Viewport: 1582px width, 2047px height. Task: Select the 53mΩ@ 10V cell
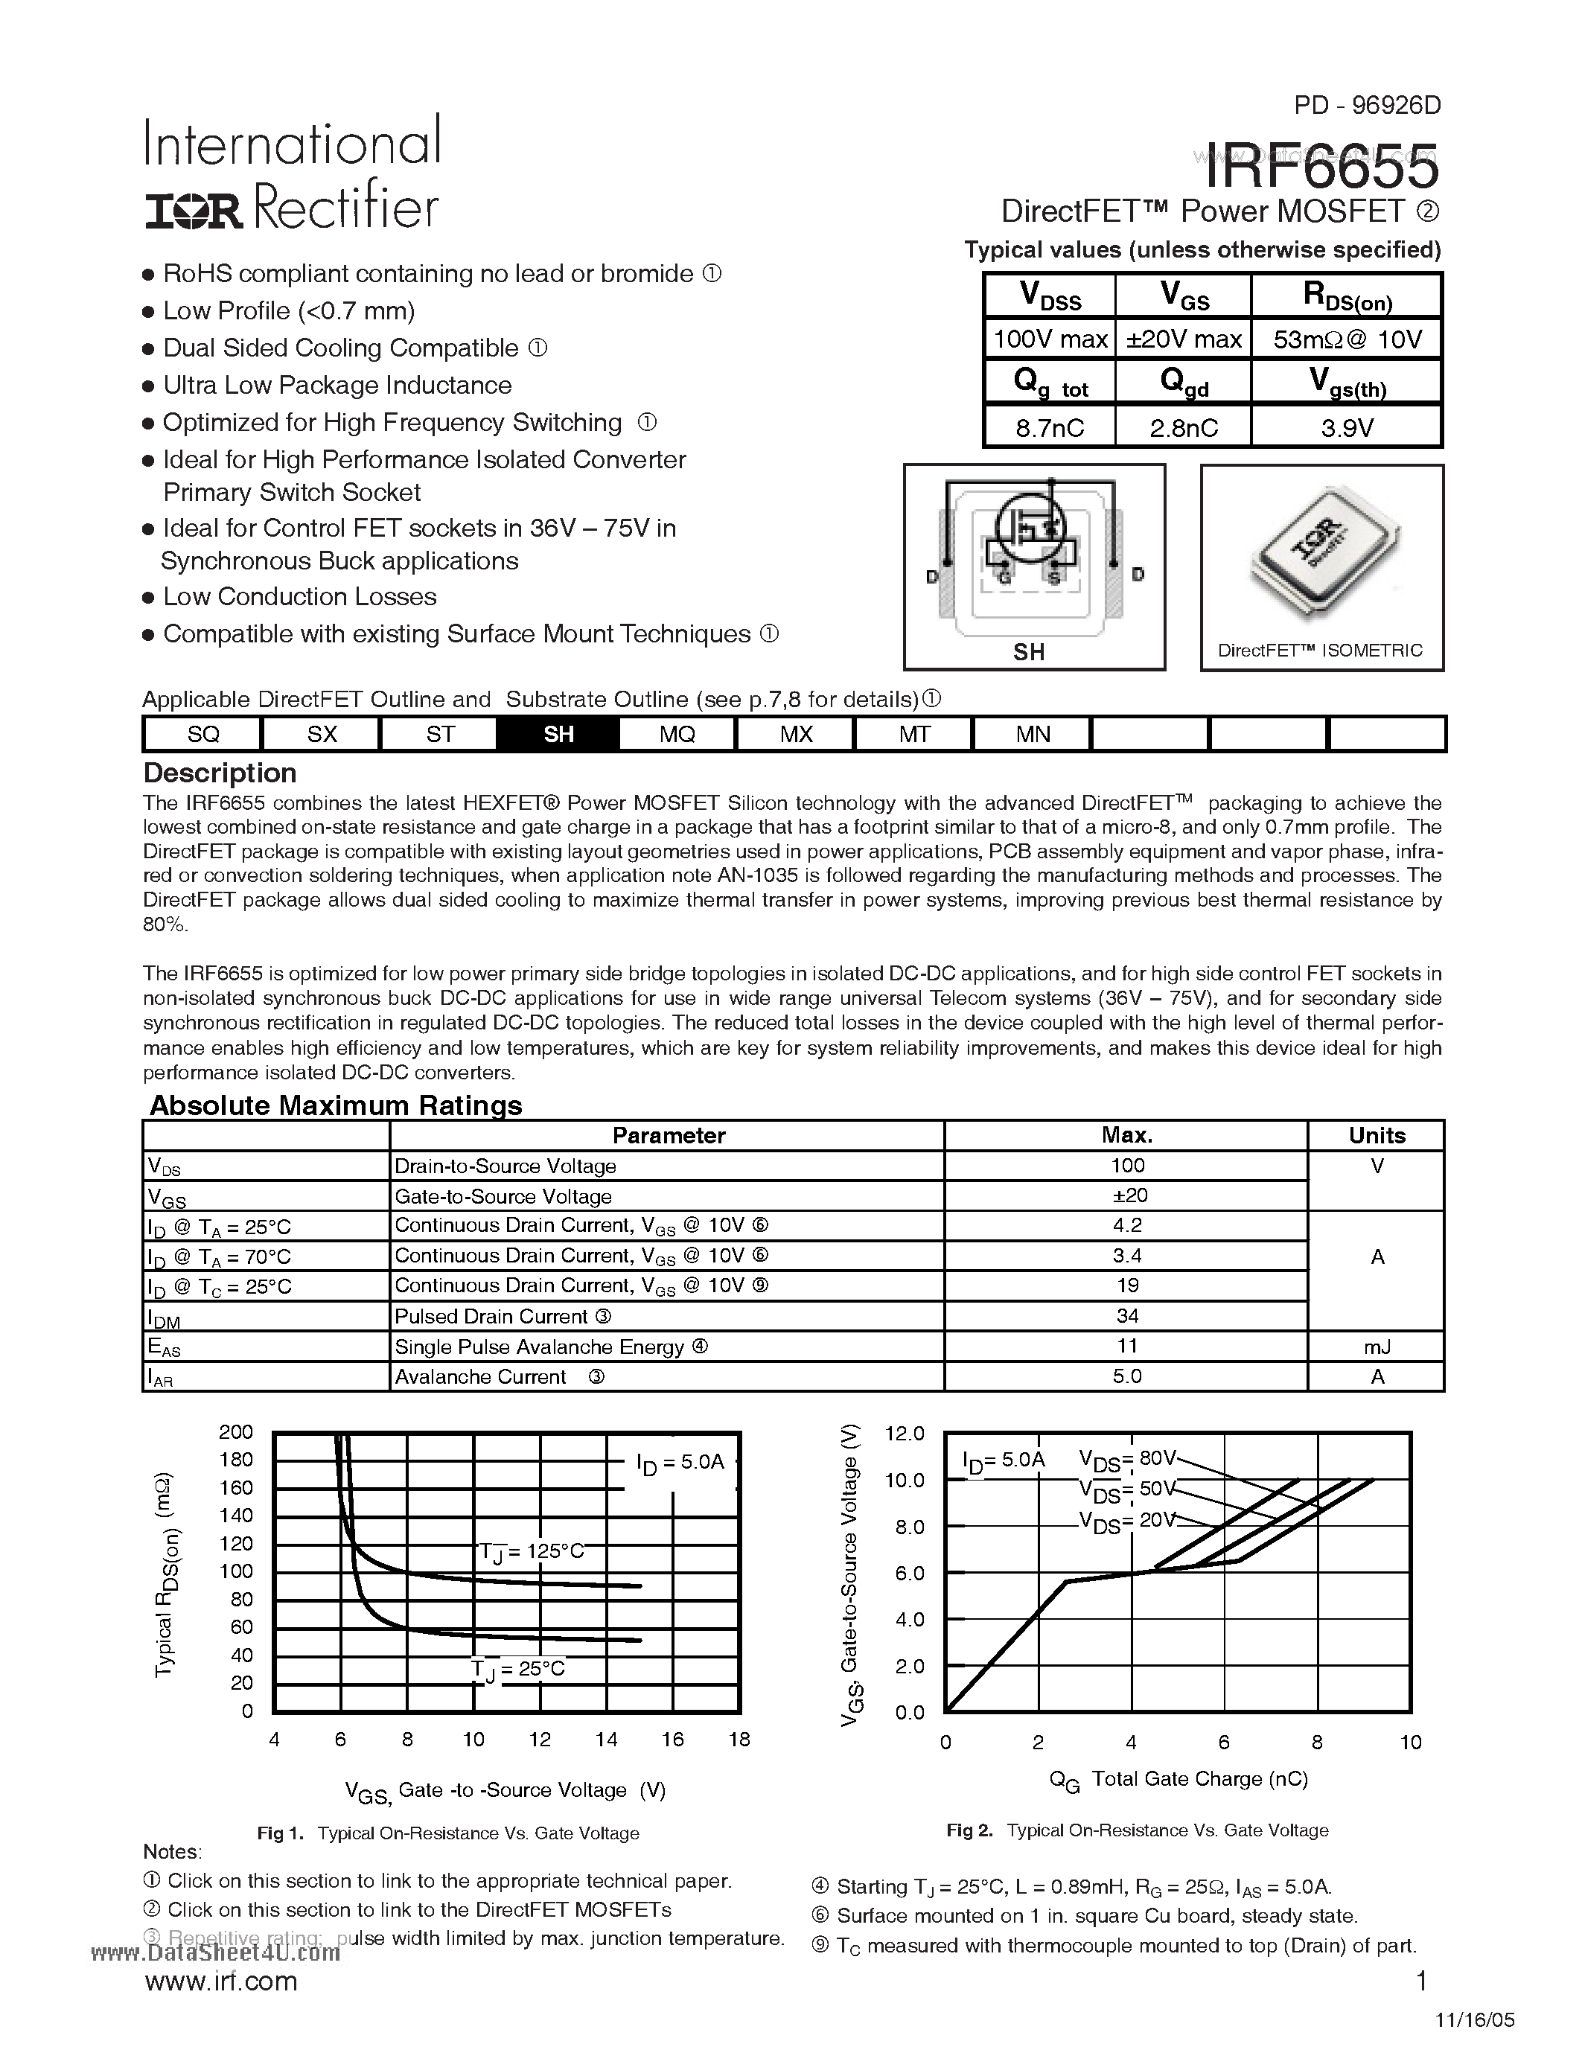click(1347, 339)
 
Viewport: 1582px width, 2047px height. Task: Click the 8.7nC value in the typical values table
click(1049, 428)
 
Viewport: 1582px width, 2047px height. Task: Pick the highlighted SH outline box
click(558, 734)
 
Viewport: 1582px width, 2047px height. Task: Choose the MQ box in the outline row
click(677, 734)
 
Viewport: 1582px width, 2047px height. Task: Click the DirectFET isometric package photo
click(1321, 553)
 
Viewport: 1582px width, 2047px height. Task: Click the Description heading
click(220, 773)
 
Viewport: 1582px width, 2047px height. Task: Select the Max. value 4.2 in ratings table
click(1126, 1225)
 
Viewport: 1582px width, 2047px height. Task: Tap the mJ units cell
click(1376, 1347)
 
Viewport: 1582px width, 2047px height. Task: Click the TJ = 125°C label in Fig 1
click(531, 1551)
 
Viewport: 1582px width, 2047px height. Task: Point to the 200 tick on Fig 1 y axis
click(236, 1432)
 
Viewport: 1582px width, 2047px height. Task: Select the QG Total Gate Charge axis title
click(1178, 1779)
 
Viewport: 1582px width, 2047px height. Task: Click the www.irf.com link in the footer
click(221, 1981)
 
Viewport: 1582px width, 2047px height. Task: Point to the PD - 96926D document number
click(1366, 105)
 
